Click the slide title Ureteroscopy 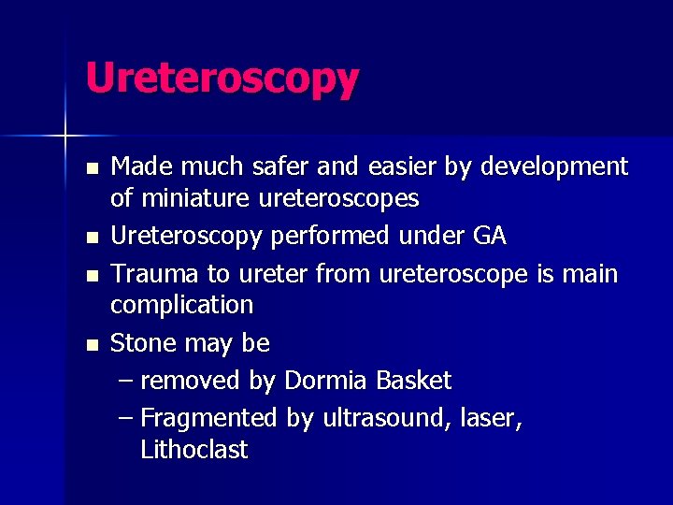222,79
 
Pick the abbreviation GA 490,237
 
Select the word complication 181,306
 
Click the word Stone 143,343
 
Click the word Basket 413,381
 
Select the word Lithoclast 193,450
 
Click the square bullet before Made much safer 91,169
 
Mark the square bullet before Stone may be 91,345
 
